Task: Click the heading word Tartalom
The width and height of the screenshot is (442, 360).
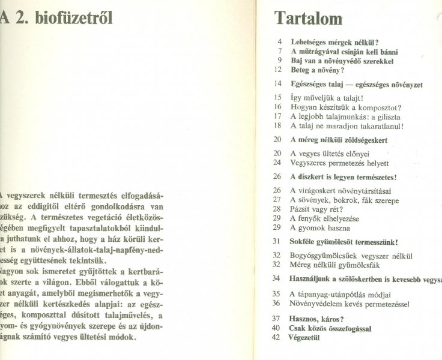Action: point(309,19)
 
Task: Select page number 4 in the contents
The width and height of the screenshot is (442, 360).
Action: point(279,43)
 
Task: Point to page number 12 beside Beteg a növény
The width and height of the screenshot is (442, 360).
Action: point(277,70)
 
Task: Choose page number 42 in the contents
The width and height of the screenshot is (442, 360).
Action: point(277,337)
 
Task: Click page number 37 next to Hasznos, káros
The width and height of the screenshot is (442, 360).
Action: point(277,319)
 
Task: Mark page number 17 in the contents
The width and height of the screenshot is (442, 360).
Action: point(277,116)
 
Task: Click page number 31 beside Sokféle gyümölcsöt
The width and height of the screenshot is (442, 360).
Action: point(277,242)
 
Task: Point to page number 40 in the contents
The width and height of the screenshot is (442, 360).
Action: point(277,328)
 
